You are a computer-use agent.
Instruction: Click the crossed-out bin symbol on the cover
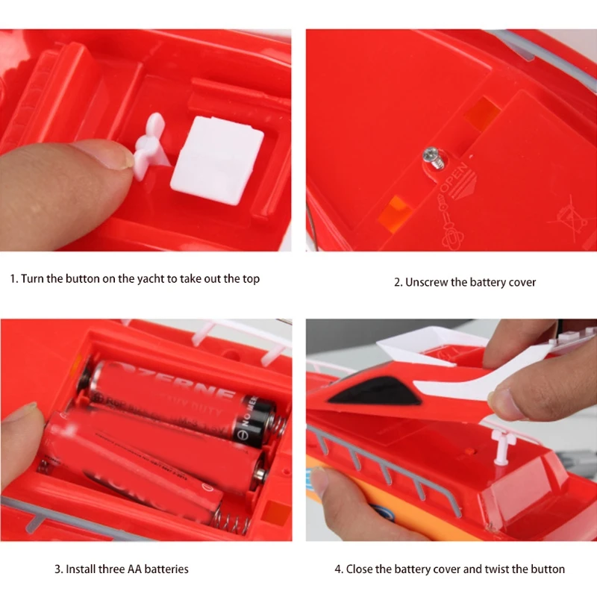click(564, 213)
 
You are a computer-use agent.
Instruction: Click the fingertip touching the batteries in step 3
click(19, 425)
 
